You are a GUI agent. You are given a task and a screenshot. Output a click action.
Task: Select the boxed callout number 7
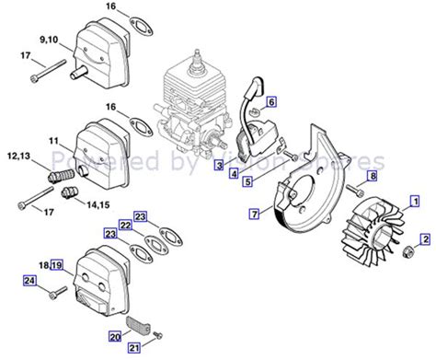click(x=253, y=214)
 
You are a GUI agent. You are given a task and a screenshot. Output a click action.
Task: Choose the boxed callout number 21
click(x=134, y=347)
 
